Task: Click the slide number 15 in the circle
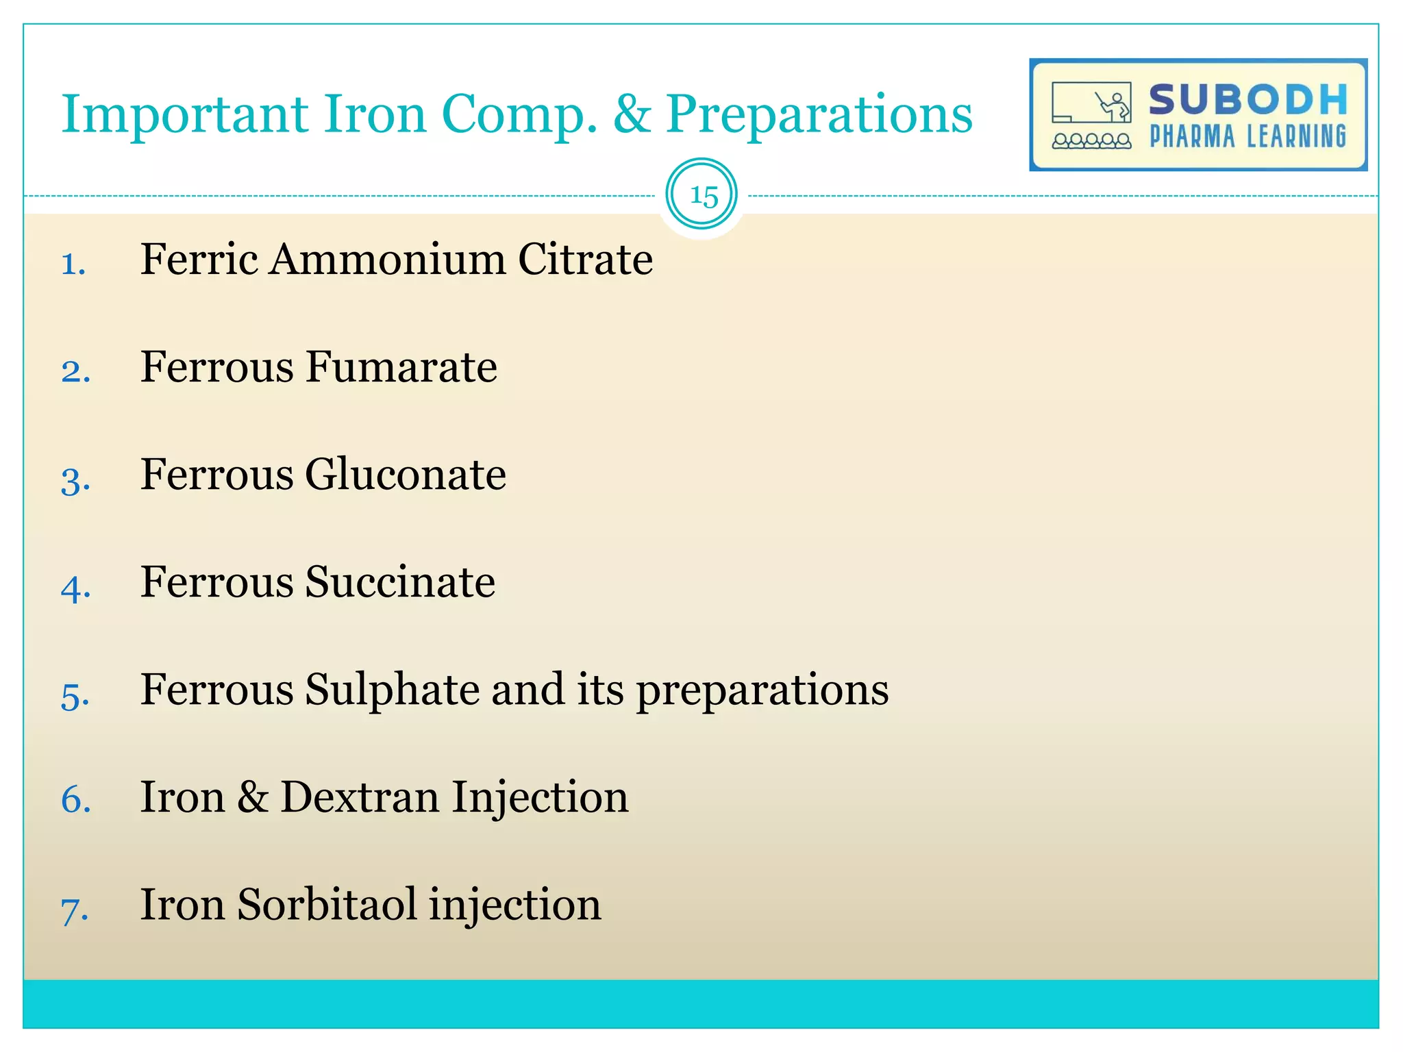(x=703, y=196)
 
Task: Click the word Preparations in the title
(x=819, y=114)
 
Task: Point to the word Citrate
(x=585, y=260)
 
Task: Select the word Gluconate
(x=406, y=475)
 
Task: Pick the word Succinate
(x=400, y=582)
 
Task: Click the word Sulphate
(x=392, y=690)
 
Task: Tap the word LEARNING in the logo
(x=1296, y=137)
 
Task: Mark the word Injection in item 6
(x=540, y=797)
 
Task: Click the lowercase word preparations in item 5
(x=762, y=690)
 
